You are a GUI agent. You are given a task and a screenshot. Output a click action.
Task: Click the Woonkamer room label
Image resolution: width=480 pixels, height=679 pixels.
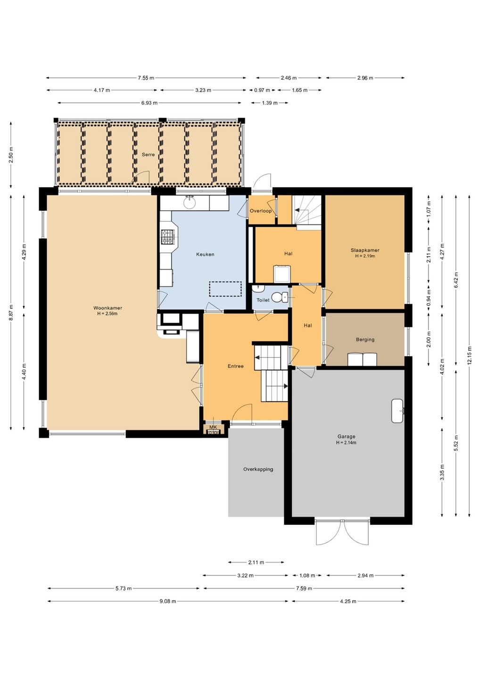point(108,308)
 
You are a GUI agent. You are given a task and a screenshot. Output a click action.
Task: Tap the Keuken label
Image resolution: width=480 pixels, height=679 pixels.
point(205,254)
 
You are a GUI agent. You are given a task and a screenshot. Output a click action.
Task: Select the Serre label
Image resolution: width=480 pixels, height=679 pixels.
point(148,155)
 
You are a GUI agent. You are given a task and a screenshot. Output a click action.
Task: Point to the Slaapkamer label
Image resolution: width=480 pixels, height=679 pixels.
point(365,250)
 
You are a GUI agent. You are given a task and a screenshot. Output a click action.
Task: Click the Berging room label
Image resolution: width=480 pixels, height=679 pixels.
point(365,339)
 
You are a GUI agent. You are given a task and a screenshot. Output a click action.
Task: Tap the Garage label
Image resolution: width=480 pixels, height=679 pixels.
point(347,437)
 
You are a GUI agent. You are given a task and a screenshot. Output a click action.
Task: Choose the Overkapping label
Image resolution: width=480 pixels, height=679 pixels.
point(258,469)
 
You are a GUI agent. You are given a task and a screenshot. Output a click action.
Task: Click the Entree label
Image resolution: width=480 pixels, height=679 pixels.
point(235,366)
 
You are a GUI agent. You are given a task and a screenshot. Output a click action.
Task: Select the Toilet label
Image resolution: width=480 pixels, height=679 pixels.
point(263,300)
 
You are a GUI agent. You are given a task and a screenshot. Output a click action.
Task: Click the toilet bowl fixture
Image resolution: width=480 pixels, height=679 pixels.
point(279,297)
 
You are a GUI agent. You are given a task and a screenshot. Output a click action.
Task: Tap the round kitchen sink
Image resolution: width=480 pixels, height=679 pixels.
point(190,203)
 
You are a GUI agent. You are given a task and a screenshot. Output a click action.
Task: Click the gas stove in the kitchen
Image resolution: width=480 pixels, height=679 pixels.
point(167,237)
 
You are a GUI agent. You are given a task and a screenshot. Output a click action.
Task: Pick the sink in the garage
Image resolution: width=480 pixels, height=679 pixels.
point(397,411)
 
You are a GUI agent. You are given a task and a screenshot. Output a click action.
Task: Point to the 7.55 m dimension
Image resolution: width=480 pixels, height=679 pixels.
point(146,78)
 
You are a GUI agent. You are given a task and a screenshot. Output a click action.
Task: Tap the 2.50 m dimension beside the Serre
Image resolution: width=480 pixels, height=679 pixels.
point(11,155)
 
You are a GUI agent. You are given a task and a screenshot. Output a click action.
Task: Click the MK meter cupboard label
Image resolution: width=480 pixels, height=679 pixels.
point(213,427)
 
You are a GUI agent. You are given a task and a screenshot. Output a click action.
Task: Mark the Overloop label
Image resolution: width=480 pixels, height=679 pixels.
point(261,211)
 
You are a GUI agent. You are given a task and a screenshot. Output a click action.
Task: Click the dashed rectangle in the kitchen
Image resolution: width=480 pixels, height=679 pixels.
point(225,289)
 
